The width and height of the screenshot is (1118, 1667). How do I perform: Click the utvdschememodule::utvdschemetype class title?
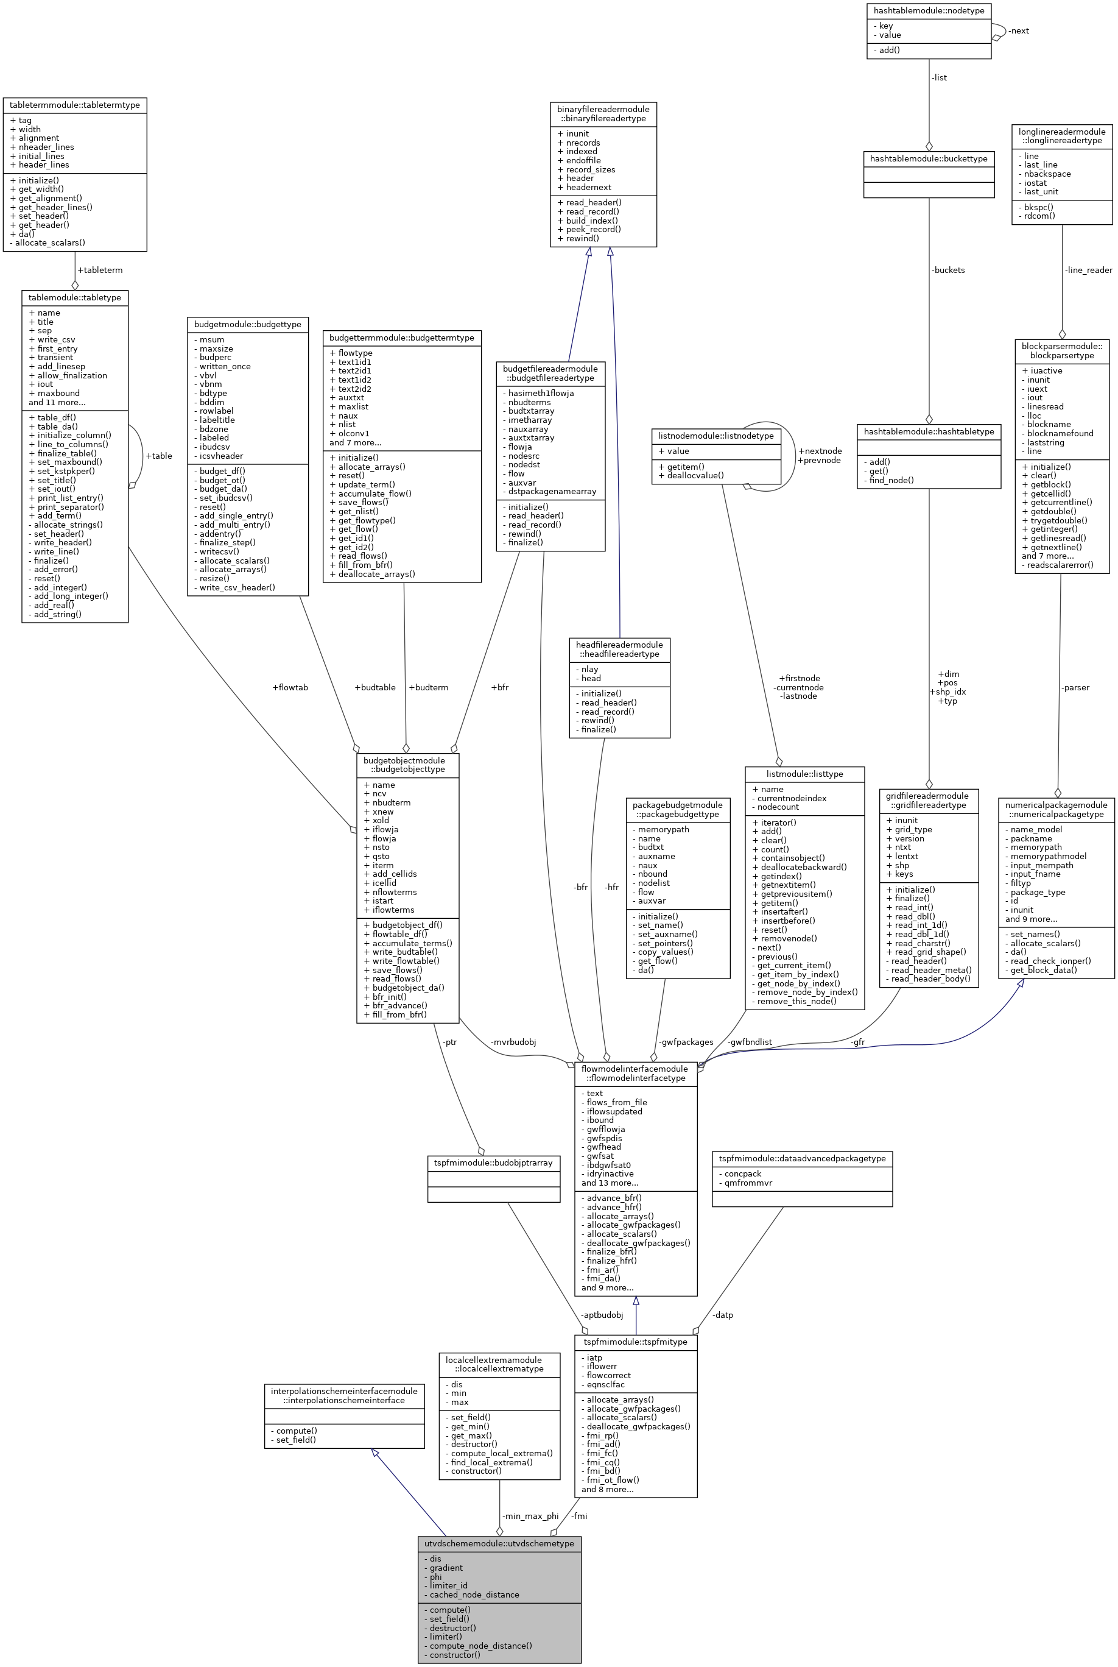coord(499,1543)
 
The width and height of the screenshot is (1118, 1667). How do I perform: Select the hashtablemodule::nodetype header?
coord(929,11)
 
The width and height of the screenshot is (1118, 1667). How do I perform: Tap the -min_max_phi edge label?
coord(530,1516)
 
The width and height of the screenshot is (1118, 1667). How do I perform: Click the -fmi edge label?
coord(579,1516)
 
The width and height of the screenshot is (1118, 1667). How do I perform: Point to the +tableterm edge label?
coord(100,271)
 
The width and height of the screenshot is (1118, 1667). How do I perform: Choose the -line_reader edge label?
coord(1088,271)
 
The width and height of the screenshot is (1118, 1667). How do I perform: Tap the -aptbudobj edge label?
coord(602,1315)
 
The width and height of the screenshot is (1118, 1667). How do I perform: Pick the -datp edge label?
coord(723,1315)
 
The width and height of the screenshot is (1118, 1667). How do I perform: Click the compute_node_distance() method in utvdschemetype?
coord(480,1646)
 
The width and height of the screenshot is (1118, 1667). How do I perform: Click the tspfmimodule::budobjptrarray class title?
coord(493,1163)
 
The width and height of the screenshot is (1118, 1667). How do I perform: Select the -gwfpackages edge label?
coord(685,1042)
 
